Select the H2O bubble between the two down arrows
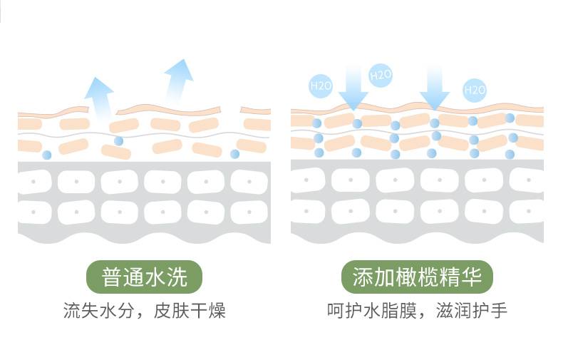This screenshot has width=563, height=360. point(381,75)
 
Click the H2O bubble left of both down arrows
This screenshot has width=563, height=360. point(321,86)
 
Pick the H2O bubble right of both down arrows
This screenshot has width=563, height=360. point(475,90)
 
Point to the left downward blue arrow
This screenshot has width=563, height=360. point(353,88)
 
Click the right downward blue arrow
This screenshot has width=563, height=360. point(435,88)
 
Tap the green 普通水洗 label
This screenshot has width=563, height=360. point(145,277)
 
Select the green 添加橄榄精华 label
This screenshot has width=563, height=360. point(417,277)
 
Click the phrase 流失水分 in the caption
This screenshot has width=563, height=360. point(99,310)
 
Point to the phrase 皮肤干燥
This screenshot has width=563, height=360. point(190,310)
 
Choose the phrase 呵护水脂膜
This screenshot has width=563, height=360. point(372,310)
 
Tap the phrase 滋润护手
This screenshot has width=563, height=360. point(472,310)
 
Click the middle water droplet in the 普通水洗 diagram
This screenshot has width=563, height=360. point(118,141)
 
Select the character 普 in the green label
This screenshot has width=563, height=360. point(112,277)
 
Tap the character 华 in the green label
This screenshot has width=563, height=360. point(472,277)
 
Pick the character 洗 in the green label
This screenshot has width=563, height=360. point(177,277)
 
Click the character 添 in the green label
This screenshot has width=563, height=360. point(362,277)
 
